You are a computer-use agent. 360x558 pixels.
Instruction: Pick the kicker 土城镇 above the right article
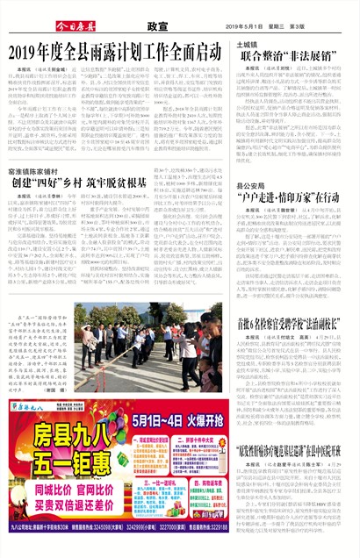[x=247, y=43]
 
